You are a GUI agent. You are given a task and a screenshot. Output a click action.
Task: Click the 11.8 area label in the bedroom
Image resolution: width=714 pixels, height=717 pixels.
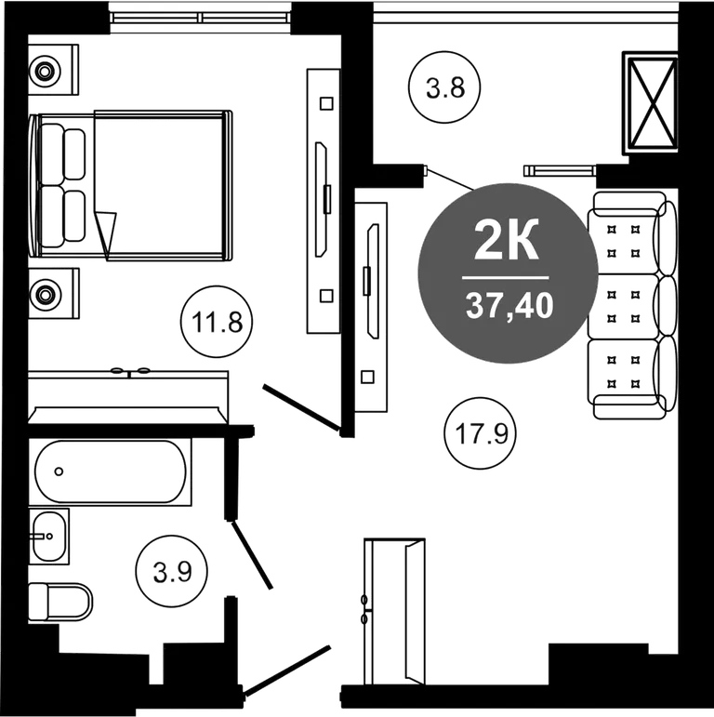pos(218,323)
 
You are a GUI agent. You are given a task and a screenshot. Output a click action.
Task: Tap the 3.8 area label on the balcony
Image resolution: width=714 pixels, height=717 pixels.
pos(445,87)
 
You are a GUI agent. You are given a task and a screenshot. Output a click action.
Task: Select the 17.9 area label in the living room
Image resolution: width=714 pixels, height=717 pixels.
pos(482,432)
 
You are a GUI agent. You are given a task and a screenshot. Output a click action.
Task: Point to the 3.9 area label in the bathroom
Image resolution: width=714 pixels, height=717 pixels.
pos(172,572)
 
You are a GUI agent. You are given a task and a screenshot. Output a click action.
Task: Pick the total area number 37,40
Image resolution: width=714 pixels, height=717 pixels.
pos(509,305)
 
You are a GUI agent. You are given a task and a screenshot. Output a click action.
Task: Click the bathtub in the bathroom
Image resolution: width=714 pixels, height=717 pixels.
pos(111,471)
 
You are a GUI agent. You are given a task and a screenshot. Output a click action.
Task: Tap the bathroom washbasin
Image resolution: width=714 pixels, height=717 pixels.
pos(48,536)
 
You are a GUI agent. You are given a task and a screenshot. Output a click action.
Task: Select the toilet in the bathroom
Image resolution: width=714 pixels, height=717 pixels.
pos(59,602)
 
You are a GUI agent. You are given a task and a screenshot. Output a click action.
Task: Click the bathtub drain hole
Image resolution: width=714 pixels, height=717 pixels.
pos(59,471)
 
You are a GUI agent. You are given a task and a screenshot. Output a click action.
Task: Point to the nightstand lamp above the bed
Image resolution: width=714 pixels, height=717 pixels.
pos(45,71)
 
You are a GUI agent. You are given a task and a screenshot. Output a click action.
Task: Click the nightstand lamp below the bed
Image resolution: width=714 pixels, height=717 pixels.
pos(45,294)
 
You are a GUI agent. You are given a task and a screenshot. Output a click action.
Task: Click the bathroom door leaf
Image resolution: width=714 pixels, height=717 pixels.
pos(252,555)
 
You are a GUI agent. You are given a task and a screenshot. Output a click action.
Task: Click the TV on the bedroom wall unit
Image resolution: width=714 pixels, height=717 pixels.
pos(322,200)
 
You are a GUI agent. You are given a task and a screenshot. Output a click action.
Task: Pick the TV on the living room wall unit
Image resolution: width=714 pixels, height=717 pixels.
pos(374,281)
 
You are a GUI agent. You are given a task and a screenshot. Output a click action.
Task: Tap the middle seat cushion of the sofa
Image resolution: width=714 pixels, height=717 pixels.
pos(623,306)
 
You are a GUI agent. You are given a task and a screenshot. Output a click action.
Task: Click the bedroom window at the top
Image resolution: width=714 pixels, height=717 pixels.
pos(200,18)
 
